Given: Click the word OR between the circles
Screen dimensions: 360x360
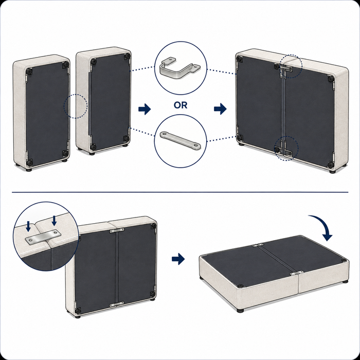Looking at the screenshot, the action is point(181,105).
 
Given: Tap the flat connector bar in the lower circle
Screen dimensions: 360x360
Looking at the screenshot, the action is point(180,140).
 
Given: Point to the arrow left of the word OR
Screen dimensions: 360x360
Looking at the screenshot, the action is point(145,109).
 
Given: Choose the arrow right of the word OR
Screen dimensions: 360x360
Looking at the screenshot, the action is point(220,109).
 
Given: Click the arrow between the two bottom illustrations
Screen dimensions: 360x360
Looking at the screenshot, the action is point(178,259).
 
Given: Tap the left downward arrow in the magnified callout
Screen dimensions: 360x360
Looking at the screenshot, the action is point(28,226).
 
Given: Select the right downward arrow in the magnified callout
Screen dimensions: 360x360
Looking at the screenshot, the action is point(54,221).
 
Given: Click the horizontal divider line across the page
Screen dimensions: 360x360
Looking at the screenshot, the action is point(180,192).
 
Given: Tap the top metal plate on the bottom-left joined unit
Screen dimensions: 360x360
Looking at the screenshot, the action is point(117,230).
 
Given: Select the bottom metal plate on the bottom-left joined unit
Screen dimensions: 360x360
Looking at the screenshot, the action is point(116,304).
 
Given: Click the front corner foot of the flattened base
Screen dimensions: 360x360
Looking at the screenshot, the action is point(240,311).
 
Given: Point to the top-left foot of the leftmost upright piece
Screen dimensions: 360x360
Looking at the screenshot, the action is point(29,71).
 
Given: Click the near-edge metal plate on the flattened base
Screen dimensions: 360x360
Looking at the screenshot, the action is point(295,274).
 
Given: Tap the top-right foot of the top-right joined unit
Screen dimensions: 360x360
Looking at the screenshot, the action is point(331,79).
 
